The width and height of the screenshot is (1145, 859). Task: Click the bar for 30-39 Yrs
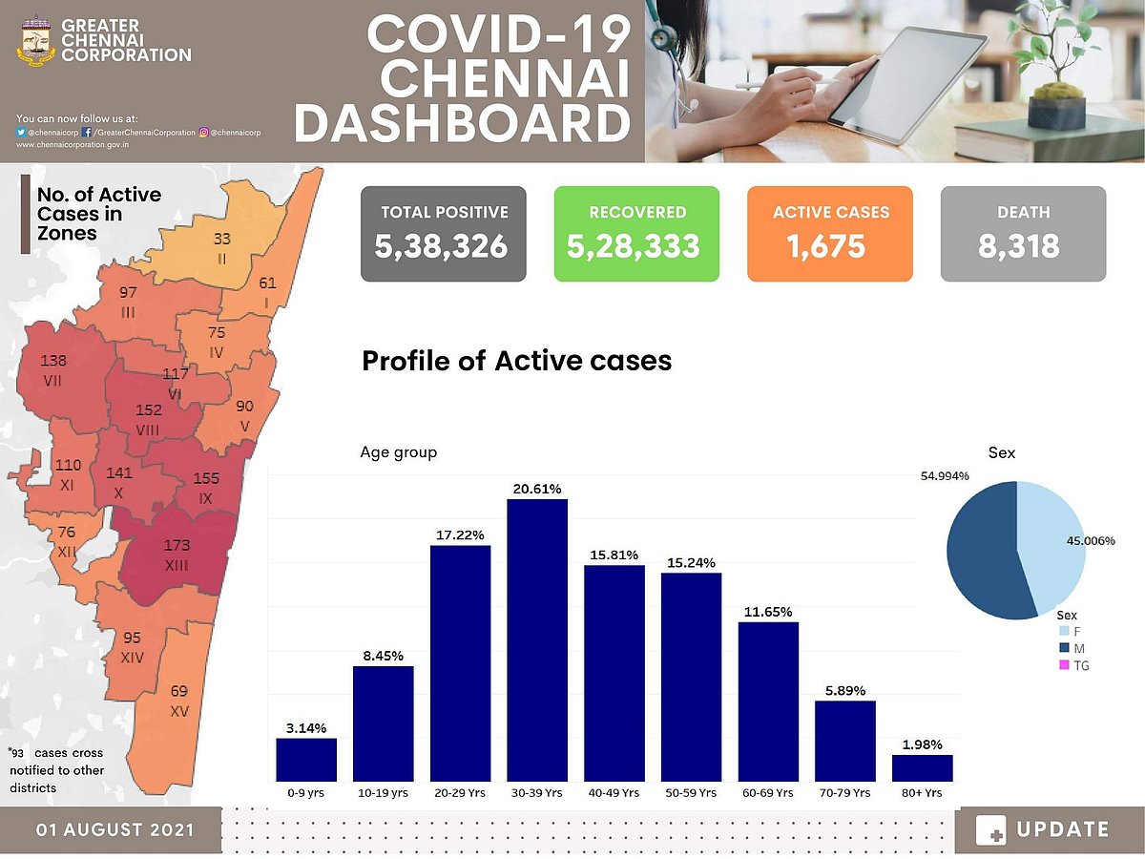coord(537,639)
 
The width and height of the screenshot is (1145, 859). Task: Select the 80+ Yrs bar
coord(922,768)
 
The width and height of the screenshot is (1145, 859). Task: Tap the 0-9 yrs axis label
coord(306,793)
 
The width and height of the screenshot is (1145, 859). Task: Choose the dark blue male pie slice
coord(978,554)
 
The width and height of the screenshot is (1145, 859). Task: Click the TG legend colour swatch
coord(1064,665)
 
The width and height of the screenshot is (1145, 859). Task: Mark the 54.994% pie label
coord(945,475)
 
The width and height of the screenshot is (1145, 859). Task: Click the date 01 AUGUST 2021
coord(114,829)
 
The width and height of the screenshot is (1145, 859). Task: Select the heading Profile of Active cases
coord(516,361)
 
